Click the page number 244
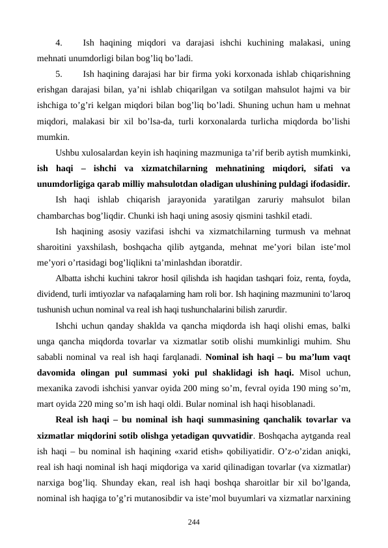[x=193, y=523]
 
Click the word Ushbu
[x=69, y=154]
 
